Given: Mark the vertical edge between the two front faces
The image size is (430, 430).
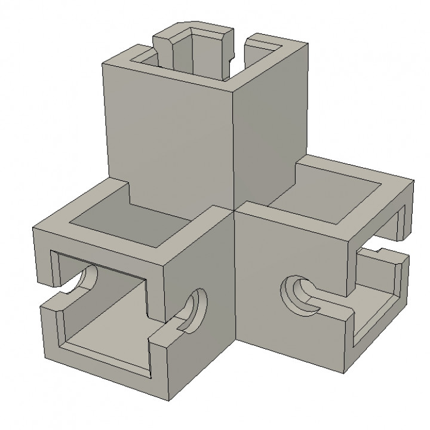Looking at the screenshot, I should click(x=235, y=299).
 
